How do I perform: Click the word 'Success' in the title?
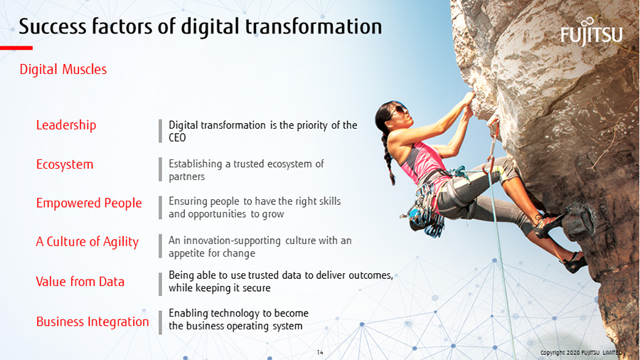coord(53,26)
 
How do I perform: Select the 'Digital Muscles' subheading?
coord(63,70)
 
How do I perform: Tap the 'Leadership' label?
coord(66,125)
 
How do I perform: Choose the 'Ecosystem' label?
coord(65,164)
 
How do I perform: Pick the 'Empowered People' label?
coord(89,203)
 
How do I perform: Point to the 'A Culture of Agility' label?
coord(87,242)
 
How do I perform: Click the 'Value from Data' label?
coord(80,282)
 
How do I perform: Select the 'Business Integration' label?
coord(92,322)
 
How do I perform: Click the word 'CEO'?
coord(177,138)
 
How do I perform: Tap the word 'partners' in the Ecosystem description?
coord(186,176)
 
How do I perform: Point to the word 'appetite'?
coord(186,253)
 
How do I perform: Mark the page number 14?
coord(320,352)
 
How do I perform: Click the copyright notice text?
coord(581,353)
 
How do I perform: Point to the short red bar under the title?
coord(16,48)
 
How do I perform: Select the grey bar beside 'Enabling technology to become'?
coord(161,322)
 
